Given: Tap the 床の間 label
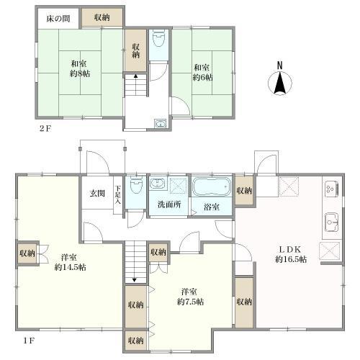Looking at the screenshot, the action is pyautogui.click(x=58, y=19).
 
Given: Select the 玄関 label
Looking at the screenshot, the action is pyautogui.click(x=97, y=194).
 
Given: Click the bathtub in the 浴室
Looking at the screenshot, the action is pyautogui.click(x=211, y=186).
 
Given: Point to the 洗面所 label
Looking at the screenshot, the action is pyautogui.click(x=169, y=204).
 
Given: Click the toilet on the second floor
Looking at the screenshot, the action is pyautogui.click(x=158, y=38).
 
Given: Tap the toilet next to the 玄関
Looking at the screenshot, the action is pyautogui.click(x=136, y=184).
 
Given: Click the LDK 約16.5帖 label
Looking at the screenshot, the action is pyautogui.click(x=291, y=254).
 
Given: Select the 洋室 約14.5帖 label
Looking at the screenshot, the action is pyautogui.click(x=70, y=262).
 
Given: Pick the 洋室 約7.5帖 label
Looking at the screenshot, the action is pyautogui.click(x=190, y=297).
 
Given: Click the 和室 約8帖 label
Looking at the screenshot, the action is pyautogui.click(x=80, y=68).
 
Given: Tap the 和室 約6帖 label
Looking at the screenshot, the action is pyautogui.click(x=203, y=73).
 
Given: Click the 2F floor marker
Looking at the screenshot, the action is pyautogui.click(x=45, y=129).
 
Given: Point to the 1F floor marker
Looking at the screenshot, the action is pyautogui.click(x=29, y=341).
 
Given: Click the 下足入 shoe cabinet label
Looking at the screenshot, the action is pyautogui.click(x=117, y=195).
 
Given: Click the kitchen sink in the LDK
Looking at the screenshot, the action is pyautogui.click(x=332, y=222).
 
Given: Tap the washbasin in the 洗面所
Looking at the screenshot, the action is pyautogui.click(x=158, y=184).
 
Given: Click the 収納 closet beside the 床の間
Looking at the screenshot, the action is pyautogui.click(x=102, y=17).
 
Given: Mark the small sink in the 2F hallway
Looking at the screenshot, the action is pyautogui.click(x=161, y=124).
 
